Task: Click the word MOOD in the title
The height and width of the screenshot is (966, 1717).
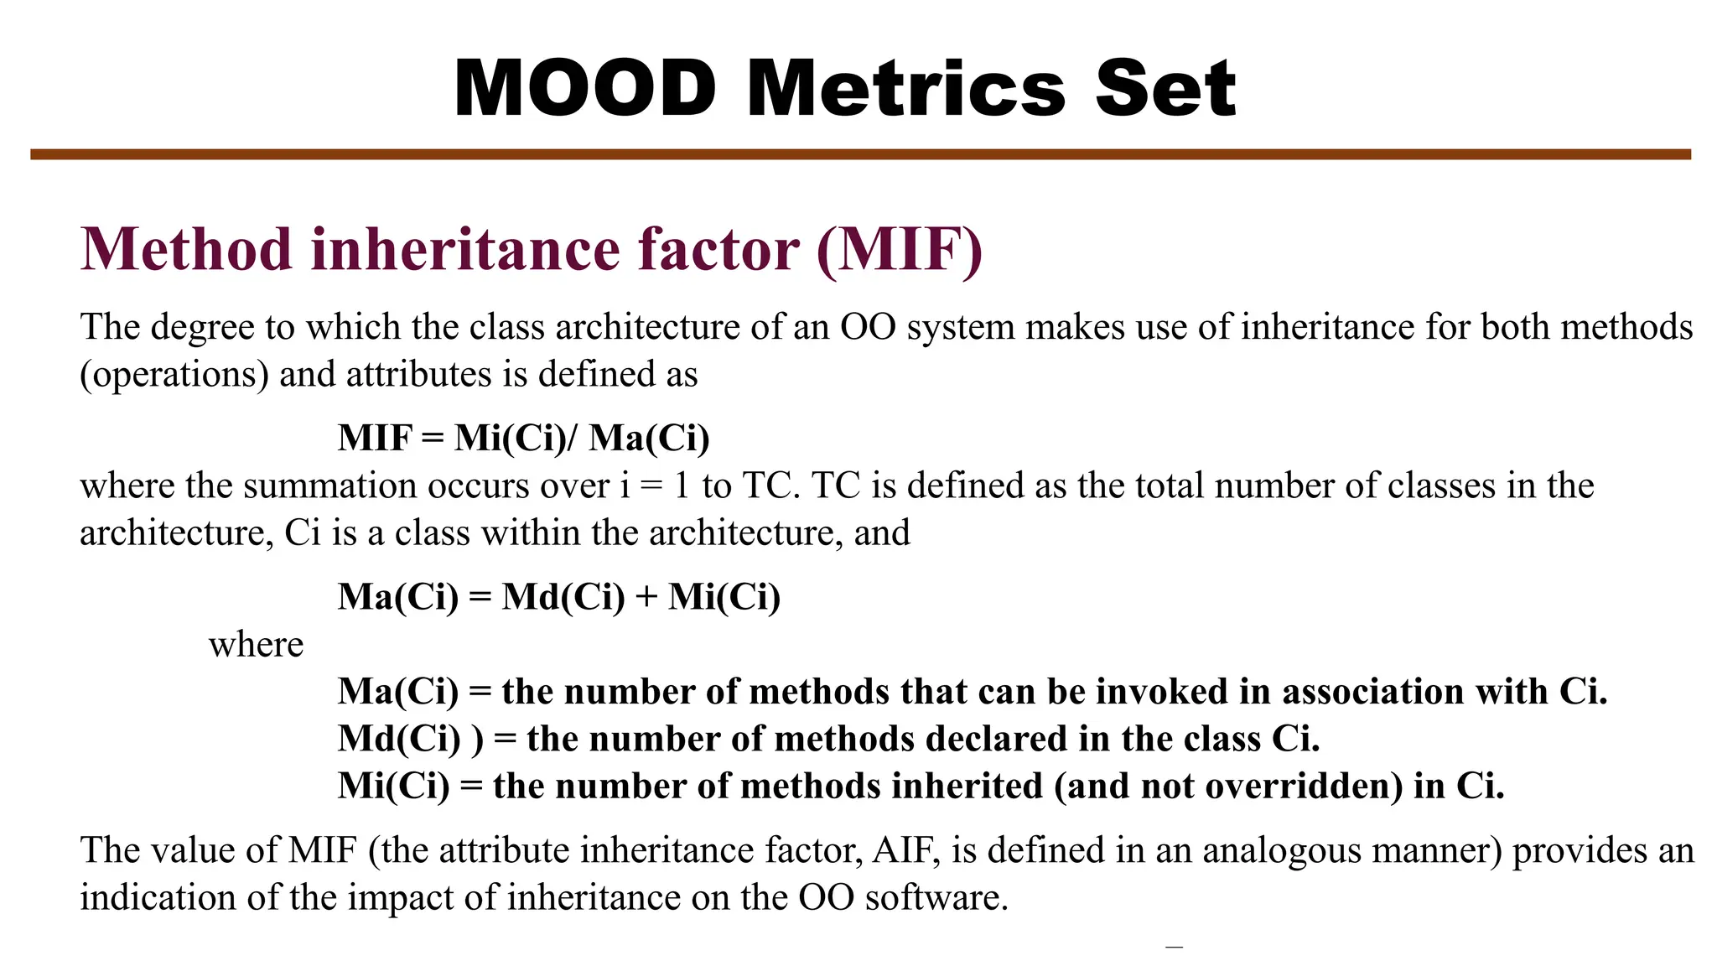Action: [585, 88]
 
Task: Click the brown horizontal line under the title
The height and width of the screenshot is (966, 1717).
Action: [860, 154]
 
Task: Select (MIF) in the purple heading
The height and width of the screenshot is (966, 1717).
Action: [899, 250]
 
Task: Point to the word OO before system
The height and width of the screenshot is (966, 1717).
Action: [869, 327]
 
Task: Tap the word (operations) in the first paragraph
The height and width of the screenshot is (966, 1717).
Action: [174, 375]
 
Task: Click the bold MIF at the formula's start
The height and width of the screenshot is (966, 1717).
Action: [376, 438]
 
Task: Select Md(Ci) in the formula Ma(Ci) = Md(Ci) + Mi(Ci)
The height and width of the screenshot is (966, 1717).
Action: [563, 597]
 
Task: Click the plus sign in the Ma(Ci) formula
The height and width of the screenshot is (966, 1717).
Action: [646, 598]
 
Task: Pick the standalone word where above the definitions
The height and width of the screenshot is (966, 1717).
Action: [256, 645]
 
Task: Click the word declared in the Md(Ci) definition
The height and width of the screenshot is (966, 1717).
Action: [996, 739]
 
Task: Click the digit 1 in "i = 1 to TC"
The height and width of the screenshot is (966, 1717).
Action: [681, 486]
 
